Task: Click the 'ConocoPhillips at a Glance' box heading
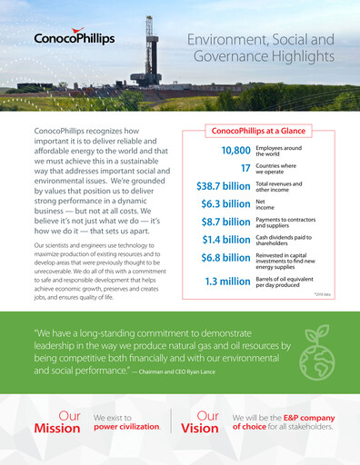(258, 131)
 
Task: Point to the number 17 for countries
(245, 168)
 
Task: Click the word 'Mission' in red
(57, 429)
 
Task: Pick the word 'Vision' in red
(199, 429)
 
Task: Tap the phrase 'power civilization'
(126, 425)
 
